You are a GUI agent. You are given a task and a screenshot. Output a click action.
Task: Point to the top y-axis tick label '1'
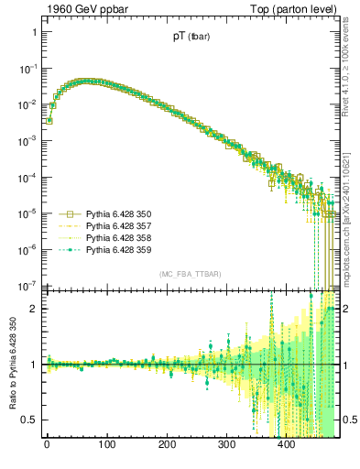pos(34,32)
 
